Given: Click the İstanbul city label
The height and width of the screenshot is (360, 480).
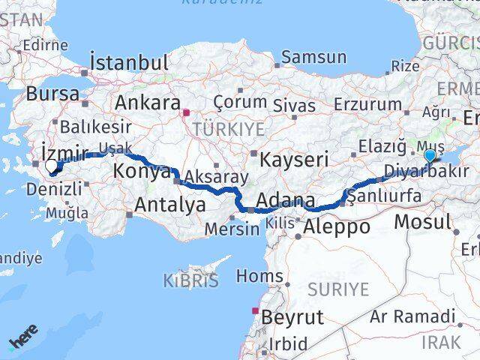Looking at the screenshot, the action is click(x=128, y=62).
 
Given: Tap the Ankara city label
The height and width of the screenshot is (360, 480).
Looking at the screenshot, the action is click(x=147, y=103).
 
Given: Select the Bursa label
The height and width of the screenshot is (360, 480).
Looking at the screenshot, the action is click(x=52, y=94).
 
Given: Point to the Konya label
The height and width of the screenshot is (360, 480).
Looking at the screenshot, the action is click(x=141, y=172).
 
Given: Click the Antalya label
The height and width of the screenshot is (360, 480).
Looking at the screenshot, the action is click(x=169, y=204).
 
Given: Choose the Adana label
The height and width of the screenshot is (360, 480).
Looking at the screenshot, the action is click(x=285, y=202).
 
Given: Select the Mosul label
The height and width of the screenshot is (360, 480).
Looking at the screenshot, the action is click(x=422, y=222).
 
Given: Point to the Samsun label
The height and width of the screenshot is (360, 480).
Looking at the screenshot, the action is click(x=314, y=57).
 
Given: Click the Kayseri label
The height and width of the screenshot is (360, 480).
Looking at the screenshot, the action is click(x=294, y=159).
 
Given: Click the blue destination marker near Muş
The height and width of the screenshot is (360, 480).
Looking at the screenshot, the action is click(x=429, y=156).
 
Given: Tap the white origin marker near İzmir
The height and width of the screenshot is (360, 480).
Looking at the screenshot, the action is click(x=51, y=166).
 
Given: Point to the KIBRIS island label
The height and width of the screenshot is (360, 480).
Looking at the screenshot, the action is click(x=190, y=281).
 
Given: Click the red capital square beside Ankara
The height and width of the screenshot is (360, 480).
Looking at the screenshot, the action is click(x=186, y=113).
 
